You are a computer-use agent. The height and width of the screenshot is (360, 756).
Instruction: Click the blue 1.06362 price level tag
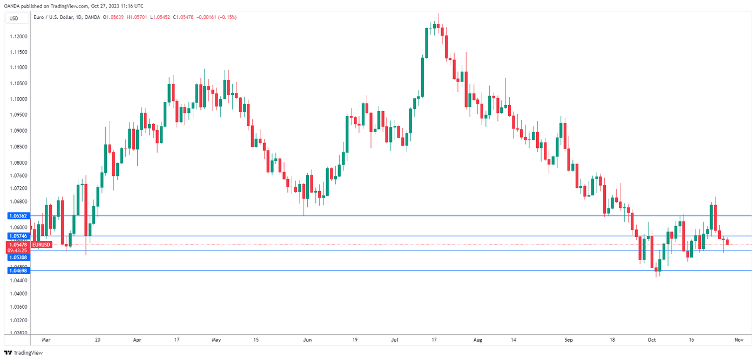pyautogui.click(x=15, y=215)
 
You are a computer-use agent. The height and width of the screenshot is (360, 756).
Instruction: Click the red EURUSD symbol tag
pyautogui.click(x=42, y=244)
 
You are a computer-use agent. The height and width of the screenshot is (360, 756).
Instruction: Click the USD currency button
pyautogui.click(x=13, y=18)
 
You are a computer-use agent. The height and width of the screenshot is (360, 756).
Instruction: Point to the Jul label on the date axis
pyautogui.click(x=395, y=340)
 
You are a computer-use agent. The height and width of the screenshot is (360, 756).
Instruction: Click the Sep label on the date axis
pyautogui.click(x=568, y=340)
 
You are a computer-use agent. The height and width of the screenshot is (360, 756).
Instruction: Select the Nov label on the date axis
pyautogui.click(x=739, y=340)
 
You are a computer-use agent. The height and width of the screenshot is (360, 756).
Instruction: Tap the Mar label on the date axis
pyautogui.click(x=46, y=340)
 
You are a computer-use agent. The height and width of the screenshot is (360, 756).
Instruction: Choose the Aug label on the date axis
pyautogui.click(x=477, y=340)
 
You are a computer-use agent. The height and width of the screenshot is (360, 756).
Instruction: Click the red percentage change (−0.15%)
pyautogui.click(x=226, y=17)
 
